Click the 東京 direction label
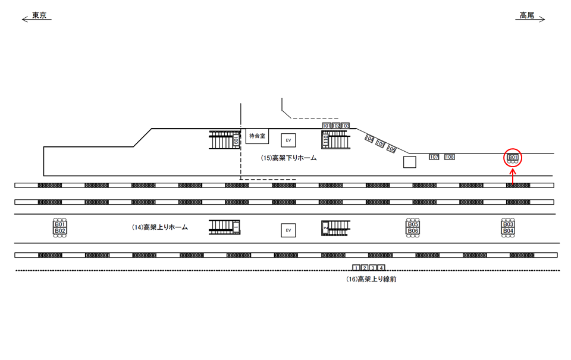click(x=40, y=15)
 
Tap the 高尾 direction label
click(x=526, y=15)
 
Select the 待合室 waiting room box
click(x=258, y=136)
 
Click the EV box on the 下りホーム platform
click(x=288, y=140)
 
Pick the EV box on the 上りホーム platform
click(x=288, y=230)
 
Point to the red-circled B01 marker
click(x=513, y=158)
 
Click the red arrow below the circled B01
click(x=513, y=176)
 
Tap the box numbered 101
click(x=327, y=126)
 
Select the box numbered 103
click(x=345, y=126)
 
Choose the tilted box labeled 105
click(x=380, y=144)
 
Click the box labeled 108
click(x=450, y=157)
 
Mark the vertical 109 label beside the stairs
click(x=236, y=140)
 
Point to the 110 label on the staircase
click(x=325, y=140)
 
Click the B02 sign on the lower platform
click(x=59, y=230)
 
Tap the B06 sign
click(x=413, y=230)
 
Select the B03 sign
click(x=508, y=224)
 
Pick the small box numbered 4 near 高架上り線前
click(x=381, y=268)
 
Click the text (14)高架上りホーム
click(x=159, y=227)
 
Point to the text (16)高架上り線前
click(x=371, y=278)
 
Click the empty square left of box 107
click(x=409, y=162)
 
